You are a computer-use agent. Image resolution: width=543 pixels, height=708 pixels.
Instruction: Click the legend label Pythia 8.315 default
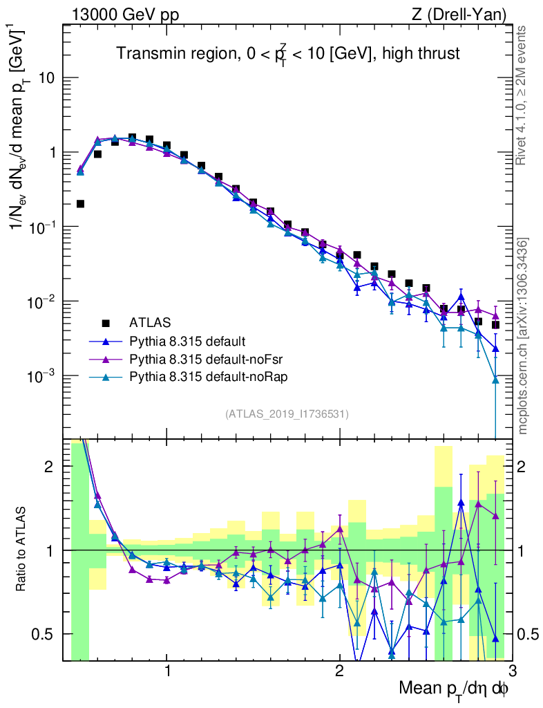point(187,341)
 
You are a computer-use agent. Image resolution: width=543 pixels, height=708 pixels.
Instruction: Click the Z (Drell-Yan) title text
point(457,15)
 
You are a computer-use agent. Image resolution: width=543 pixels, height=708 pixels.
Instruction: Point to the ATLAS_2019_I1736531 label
point(287,414)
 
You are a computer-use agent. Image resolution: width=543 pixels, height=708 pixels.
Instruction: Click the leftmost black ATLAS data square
point(80,203)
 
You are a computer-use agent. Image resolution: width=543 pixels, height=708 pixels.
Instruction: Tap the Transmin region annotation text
point(287,53)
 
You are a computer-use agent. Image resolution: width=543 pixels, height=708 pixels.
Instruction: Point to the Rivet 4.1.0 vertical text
point(524,95)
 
